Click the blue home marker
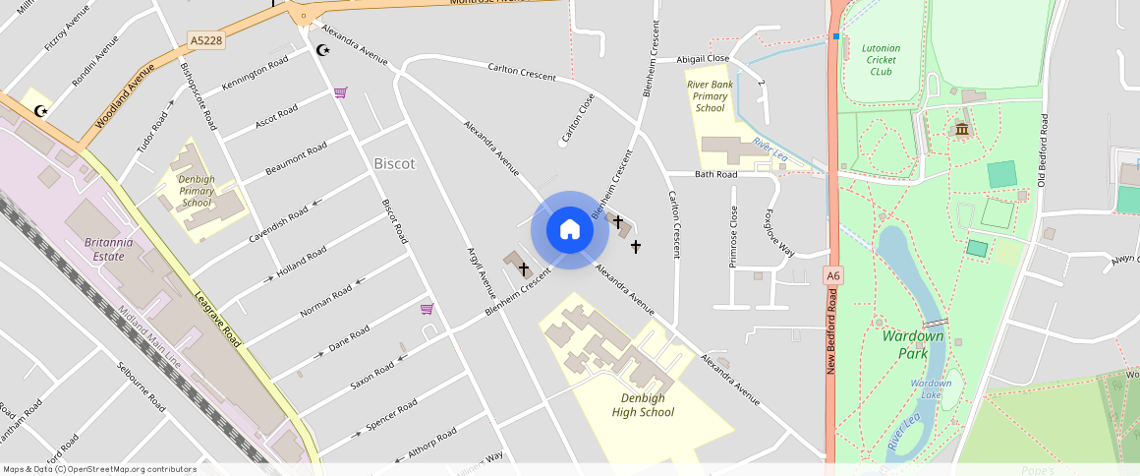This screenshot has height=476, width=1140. click(570, 230)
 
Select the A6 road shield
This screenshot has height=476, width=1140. click(833, 276)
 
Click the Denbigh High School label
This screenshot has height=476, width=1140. click(643, 405)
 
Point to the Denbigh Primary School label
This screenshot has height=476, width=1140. click(197, 191)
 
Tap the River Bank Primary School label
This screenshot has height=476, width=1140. click(710, 96)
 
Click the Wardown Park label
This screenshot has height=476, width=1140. click(913, 344)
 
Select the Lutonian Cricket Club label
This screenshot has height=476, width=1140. click(881, 60)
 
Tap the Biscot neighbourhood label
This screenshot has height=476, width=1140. click(394, 164)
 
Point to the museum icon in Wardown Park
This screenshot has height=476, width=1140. click(961, 130)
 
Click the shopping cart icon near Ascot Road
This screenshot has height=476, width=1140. click(340, 92)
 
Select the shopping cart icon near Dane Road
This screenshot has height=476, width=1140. click(427, 309)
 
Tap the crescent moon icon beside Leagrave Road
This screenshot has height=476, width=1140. click(41, 111)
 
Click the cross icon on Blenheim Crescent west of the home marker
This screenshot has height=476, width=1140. click(524, 268)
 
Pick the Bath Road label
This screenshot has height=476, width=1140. click(715, 175)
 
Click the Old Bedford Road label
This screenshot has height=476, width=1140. click(1043, 150)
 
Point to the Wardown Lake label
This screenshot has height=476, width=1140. click(930, 388)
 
